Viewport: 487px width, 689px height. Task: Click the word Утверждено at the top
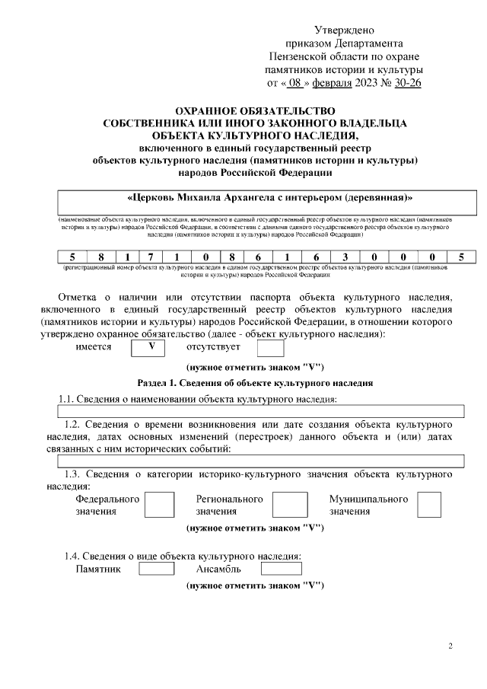(x=345, y=30)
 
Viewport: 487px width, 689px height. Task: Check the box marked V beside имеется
(x=151, y=347)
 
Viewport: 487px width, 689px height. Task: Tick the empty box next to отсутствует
(x=270, y=348)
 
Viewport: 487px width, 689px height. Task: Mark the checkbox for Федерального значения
(x=159, y=505)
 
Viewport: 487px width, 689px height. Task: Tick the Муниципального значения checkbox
(x=429, y=505)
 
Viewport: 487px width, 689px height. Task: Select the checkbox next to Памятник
(x=157, y=568)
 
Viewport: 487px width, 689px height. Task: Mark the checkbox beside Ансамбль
(x=281, y=568)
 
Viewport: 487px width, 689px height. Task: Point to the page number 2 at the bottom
(x=450, y=646)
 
